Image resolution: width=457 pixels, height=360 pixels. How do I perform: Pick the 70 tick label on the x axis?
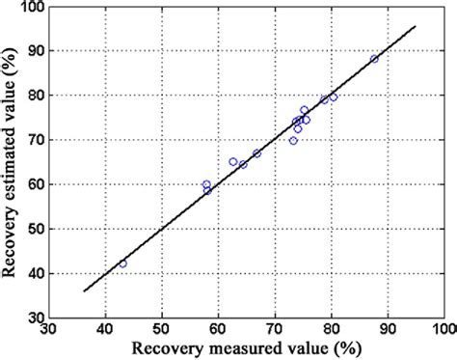pos(276,329)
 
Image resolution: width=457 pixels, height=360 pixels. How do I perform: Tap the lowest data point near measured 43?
pos(122,263)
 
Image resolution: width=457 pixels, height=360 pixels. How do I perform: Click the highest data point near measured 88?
pos(375,59)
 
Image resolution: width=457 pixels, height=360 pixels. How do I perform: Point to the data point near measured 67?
pos(256,153)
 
